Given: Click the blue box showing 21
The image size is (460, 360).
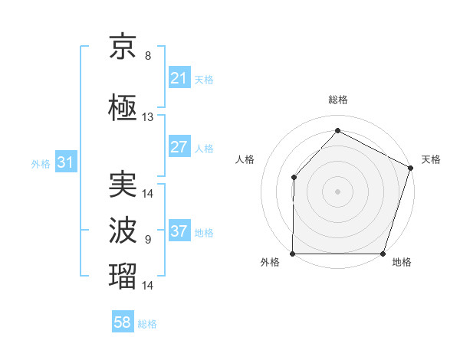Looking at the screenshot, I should click(x=179, y=78).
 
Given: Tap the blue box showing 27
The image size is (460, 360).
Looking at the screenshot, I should click(x=179, y=147).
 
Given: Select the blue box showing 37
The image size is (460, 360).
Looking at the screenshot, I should click(x=179, y=231).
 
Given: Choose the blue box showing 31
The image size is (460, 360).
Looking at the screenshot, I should click(x=65, y=162).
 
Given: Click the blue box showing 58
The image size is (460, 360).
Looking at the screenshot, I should click(x=123, y=322).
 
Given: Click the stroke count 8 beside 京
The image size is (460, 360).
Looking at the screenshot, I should click(x=148, y=56).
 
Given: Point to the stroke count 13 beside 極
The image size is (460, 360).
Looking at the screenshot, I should click(x=148, y=117).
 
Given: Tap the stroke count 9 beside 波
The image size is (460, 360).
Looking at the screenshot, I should click(x=148, y=240).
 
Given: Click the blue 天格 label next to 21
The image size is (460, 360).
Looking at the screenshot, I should click(x=204, y=79).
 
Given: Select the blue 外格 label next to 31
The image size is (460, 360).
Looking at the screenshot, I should click(x=41, y=163).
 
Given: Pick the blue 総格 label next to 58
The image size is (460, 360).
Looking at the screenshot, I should click(x=147, y=324).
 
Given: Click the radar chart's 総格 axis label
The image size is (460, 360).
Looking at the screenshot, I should click(x=338, y=100).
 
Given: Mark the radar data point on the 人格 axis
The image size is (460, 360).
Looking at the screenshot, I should click(x=294, y=178).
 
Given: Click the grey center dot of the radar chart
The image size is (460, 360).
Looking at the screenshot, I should click(x=338, y=191).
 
